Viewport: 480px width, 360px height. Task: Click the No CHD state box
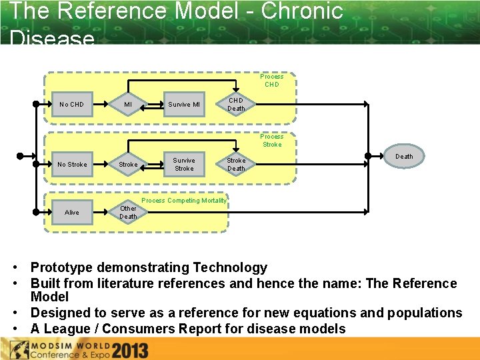(71, 104)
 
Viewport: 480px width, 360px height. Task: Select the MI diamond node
(128, 104)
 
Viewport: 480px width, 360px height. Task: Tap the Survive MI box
(183, 104)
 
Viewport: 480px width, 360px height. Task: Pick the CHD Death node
(236, 105)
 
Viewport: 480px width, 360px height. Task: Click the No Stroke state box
(71, 164)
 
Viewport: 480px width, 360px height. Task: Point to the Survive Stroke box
(183, 164)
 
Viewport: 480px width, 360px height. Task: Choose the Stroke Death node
(236, 164)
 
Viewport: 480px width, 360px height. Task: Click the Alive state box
(71, 212)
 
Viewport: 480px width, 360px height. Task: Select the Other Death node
(128, 212)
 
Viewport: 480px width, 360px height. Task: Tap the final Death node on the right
(404, 157)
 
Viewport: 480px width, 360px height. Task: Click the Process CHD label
(271, 81)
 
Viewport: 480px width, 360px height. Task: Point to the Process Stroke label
(271, 141)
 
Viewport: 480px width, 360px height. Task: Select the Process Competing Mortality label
(184, 201)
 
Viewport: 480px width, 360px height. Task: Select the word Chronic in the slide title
(301, 11)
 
